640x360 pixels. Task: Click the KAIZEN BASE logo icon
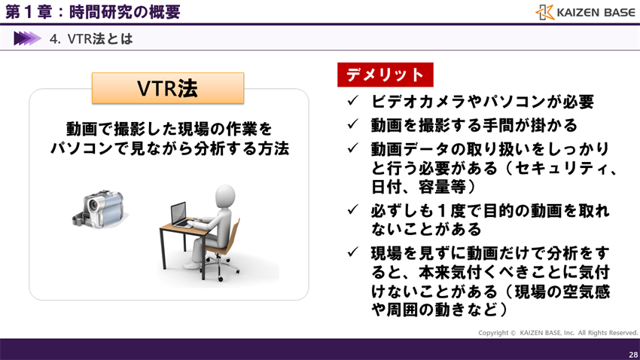(545, 12)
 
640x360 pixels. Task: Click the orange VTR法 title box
(168, 88)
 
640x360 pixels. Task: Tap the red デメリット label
(385, 75)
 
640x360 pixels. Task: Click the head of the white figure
(227, 197)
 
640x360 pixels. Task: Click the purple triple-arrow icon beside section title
(27, 38)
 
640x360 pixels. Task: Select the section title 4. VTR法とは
(91, 38)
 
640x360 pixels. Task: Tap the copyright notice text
(557, 332)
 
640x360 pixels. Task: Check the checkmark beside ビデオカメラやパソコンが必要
(352, 101)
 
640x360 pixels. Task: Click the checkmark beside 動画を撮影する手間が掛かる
(352, 124)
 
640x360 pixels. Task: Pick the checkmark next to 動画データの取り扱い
(352, 148)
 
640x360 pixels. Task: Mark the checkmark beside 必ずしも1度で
(352, 210)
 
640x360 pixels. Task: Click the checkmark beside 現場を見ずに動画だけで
(352, 252)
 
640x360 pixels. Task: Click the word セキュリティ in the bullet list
(557, 167)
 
